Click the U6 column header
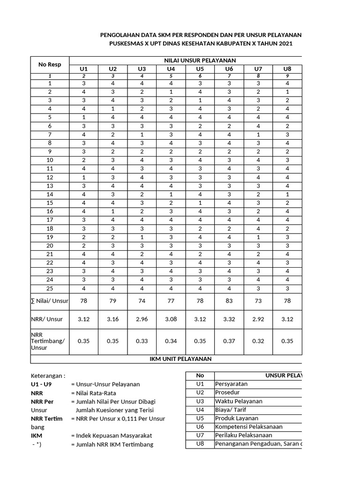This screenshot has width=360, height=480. click(x=229, y=68)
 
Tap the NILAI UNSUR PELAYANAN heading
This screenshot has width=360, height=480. click(x=199, y=60)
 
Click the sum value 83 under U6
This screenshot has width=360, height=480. click(x=229, y=300)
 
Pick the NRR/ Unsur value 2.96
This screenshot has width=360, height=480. click(x=142, y=319)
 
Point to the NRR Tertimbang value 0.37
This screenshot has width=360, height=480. click(x=229, y=341)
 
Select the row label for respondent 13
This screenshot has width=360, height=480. click(x=50, y=186)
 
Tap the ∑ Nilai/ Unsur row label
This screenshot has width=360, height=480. click(x=50, y=300)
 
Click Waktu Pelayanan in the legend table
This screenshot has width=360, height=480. click(x=239, y=401)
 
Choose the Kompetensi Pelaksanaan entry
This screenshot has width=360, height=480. click(x=248, y=427)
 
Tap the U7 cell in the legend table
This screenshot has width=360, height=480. click(x=200, y=435)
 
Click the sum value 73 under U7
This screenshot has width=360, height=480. click(x=258, y=300)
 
